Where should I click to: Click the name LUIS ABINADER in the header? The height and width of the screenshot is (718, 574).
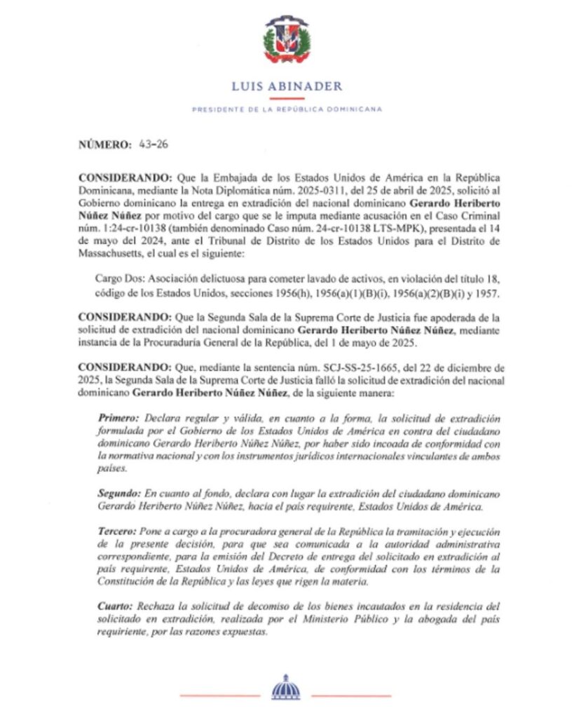(x=287, y=87)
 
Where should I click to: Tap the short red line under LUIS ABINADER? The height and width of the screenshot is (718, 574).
(x=286, y=99)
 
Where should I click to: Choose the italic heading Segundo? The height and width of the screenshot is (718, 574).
(x=117, y=494)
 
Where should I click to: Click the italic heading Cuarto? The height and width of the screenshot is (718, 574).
(x=114, y=604)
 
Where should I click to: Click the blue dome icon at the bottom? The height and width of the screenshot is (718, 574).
(x=285, y=686)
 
